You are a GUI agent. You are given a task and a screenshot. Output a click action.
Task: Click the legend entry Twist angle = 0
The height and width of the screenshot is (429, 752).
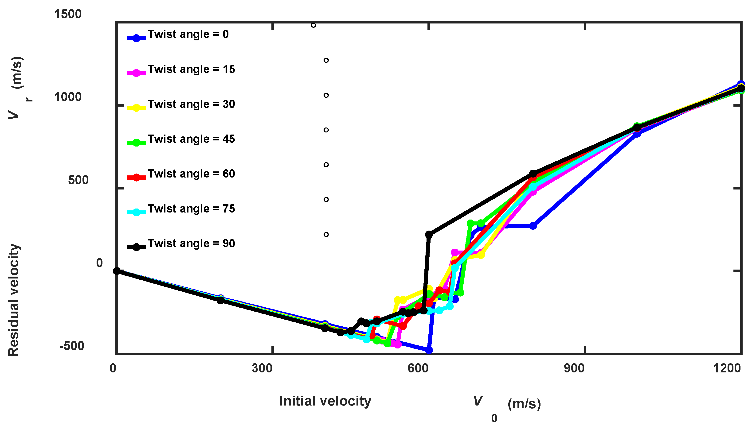(x=188, y=35)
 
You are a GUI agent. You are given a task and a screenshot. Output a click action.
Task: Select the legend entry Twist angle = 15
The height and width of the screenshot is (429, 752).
(x=191, y=69)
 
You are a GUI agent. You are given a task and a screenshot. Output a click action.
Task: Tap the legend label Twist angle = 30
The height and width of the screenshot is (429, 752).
(x=191, y=104)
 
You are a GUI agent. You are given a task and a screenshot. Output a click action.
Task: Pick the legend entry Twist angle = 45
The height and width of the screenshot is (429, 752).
(x=191, y=139)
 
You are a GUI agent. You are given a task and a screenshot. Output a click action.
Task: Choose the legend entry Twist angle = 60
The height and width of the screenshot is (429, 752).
(x=191, y=174)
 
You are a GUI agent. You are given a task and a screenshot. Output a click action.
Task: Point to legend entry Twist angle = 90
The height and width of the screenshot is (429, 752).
(x=191, y=244)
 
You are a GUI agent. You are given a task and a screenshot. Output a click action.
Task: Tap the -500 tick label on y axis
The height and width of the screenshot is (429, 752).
(x=72, y=346)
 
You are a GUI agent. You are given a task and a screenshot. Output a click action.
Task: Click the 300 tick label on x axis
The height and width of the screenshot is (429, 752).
(x=262, y=368)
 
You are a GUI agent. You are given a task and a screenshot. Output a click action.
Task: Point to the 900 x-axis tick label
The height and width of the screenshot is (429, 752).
(x=574, y=368)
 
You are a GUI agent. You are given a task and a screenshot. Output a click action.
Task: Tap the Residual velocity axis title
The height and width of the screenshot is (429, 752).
(x=14, y=300)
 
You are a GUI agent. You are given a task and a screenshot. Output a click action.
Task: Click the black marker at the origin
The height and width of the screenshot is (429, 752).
(x=117, y=271)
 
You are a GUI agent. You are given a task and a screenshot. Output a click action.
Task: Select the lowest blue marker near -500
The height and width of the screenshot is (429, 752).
(x=429, y=350)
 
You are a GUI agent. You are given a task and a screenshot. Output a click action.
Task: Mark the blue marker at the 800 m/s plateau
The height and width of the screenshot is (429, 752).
(x=533, y=226)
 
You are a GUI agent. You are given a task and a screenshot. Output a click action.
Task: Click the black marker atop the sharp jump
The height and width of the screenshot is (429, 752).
(x=429, y=235)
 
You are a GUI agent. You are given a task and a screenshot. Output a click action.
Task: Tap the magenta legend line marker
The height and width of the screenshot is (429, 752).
(x=136, y=73)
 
